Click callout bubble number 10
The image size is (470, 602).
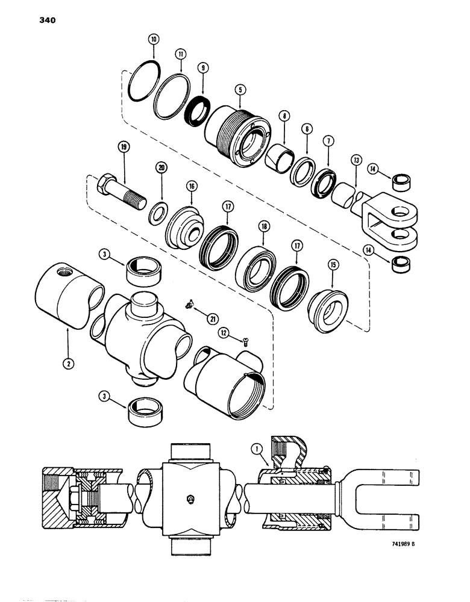click(154, 39)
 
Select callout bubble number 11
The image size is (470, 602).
click(180, 54)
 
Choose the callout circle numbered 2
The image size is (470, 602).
click(67, 364)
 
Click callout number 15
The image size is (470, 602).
click(333, 263)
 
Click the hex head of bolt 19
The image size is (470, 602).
click(106, 183)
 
